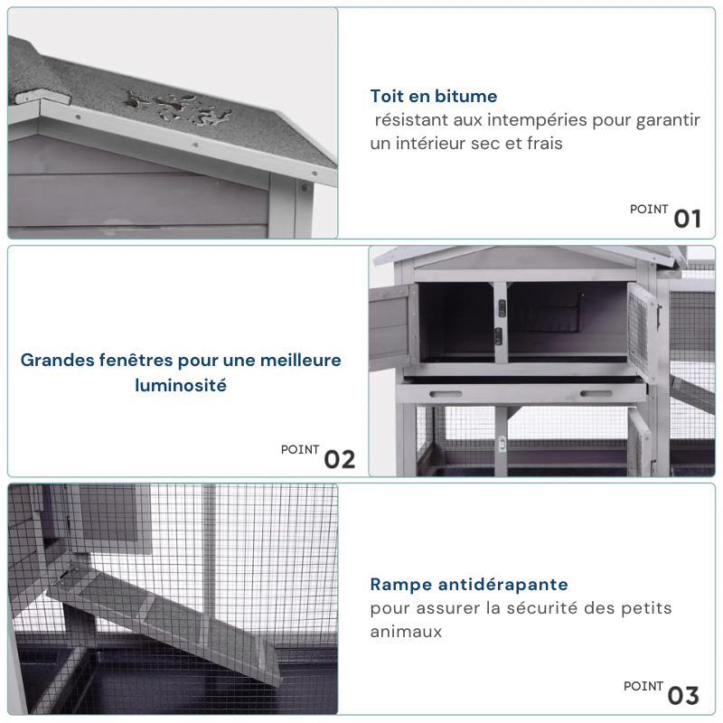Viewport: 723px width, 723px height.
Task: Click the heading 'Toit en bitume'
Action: click(434, 97)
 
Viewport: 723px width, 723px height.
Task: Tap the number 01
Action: click(687, 219)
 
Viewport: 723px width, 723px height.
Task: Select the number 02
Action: click(340, 460)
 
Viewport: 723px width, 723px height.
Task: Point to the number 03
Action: click(683, 696)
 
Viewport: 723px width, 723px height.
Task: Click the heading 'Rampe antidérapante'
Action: click(469, 584)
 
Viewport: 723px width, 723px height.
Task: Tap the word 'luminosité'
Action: click(181, 386)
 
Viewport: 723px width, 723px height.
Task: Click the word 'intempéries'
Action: click(537, 120)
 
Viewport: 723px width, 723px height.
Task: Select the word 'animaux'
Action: click(406, 632)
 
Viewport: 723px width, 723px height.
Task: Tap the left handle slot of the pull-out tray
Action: click(446, 394)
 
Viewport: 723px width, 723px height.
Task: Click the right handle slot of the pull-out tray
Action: click(596, 394)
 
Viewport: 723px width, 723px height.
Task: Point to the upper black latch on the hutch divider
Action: click(502, 307)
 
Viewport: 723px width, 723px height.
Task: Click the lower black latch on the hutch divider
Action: click(498, 336)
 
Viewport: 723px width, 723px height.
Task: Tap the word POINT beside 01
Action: click(649, 210)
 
